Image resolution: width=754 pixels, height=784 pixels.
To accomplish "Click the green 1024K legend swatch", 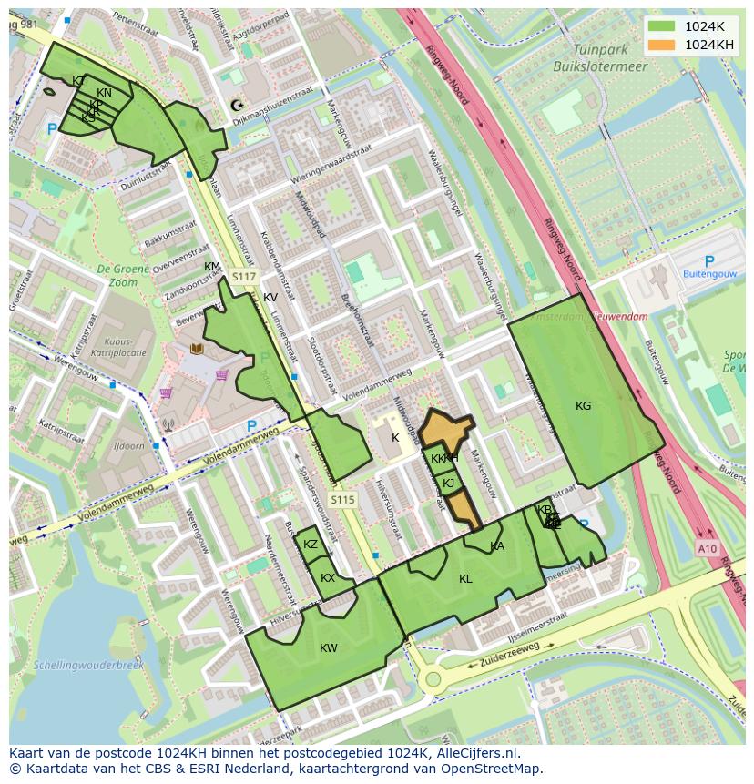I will (x=662, y=26).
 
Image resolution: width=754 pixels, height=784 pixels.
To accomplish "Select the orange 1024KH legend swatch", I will (x=662, y=45).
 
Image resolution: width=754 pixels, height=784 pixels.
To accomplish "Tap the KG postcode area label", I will (x=584, y=405).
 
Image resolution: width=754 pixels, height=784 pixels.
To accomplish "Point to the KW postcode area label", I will (x=329, y=648).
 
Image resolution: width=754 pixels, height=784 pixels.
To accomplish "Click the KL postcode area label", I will (x=465, y=579).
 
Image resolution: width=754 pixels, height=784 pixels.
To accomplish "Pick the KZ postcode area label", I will (x=311, y=545).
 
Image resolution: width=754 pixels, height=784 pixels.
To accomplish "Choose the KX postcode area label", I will (x=328, y=578).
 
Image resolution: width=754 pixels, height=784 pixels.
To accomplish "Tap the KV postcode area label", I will (x=270, y=298).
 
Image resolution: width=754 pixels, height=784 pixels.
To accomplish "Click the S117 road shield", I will (x=244, y=277).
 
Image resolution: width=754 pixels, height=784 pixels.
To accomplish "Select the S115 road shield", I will (x=342, y=500).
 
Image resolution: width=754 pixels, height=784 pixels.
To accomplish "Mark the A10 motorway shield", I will (x=708, y=548).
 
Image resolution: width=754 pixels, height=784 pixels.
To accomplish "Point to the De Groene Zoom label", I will (x=117, y=276).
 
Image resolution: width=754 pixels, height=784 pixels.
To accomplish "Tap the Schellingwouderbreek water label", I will (x=88, y=666).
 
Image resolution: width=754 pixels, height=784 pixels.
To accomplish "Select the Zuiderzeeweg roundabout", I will (x=433, y=678).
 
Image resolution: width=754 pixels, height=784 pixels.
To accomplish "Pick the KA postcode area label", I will (x=497, y=546).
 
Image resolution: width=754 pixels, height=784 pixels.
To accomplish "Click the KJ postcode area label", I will (x=448, y=483).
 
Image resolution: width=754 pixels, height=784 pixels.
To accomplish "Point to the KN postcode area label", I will (x=105, y=93).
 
